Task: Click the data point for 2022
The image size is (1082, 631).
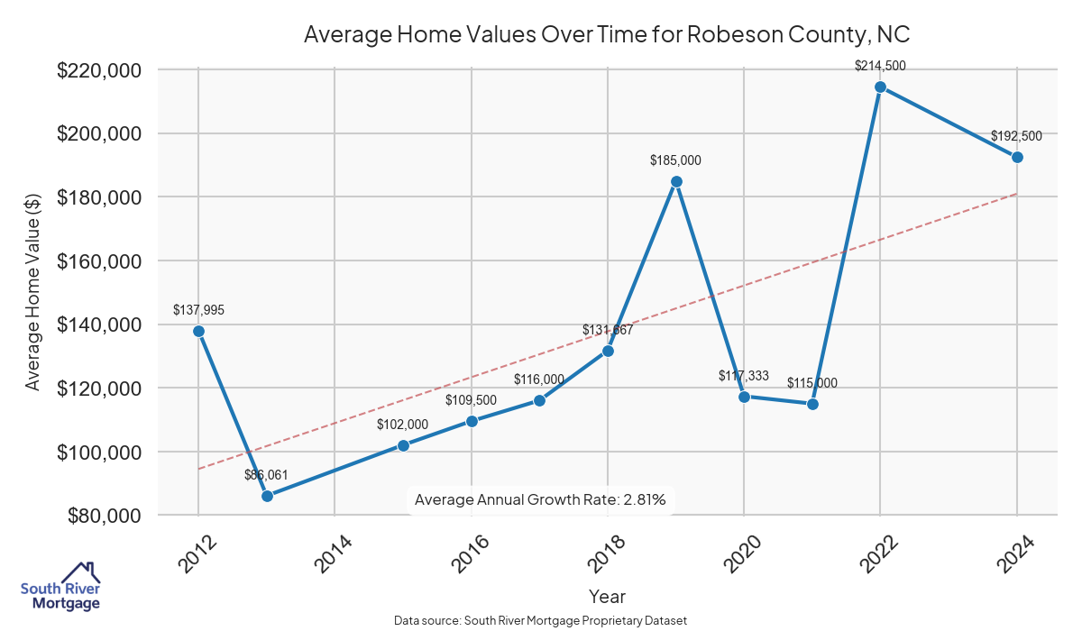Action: (881, 87)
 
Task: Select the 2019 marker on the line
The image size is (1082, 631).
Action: (676, 181)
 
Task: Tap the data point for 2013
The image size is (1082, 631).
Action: (267, 496)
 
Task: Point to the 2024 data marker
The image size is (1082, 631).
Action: (1017, 157)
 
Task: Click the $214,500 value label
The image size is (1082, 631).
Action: (881, 66)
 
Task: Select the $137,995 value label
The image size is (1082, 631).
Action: (198, 310)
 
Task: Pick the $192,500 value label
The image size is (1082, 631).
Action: (1016, 136)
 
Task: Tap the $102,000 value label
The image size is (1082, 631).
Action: (403, 425)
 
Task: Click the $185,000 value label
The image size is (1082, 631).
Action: (675, 160)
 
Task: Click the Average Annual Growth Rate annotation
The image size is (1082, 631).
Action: (540, 499)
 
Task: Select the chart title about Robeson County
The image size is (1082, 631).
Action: (605, 35)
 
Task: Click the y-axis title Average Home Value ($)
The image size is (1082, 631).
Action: (32, 293)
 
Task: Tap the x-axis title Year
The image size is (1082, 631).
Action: (607, 597)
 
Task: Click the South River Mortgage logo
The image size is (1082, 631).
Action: (60, 587)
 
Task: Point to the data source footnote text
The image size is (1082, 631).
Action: (541, 621)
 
